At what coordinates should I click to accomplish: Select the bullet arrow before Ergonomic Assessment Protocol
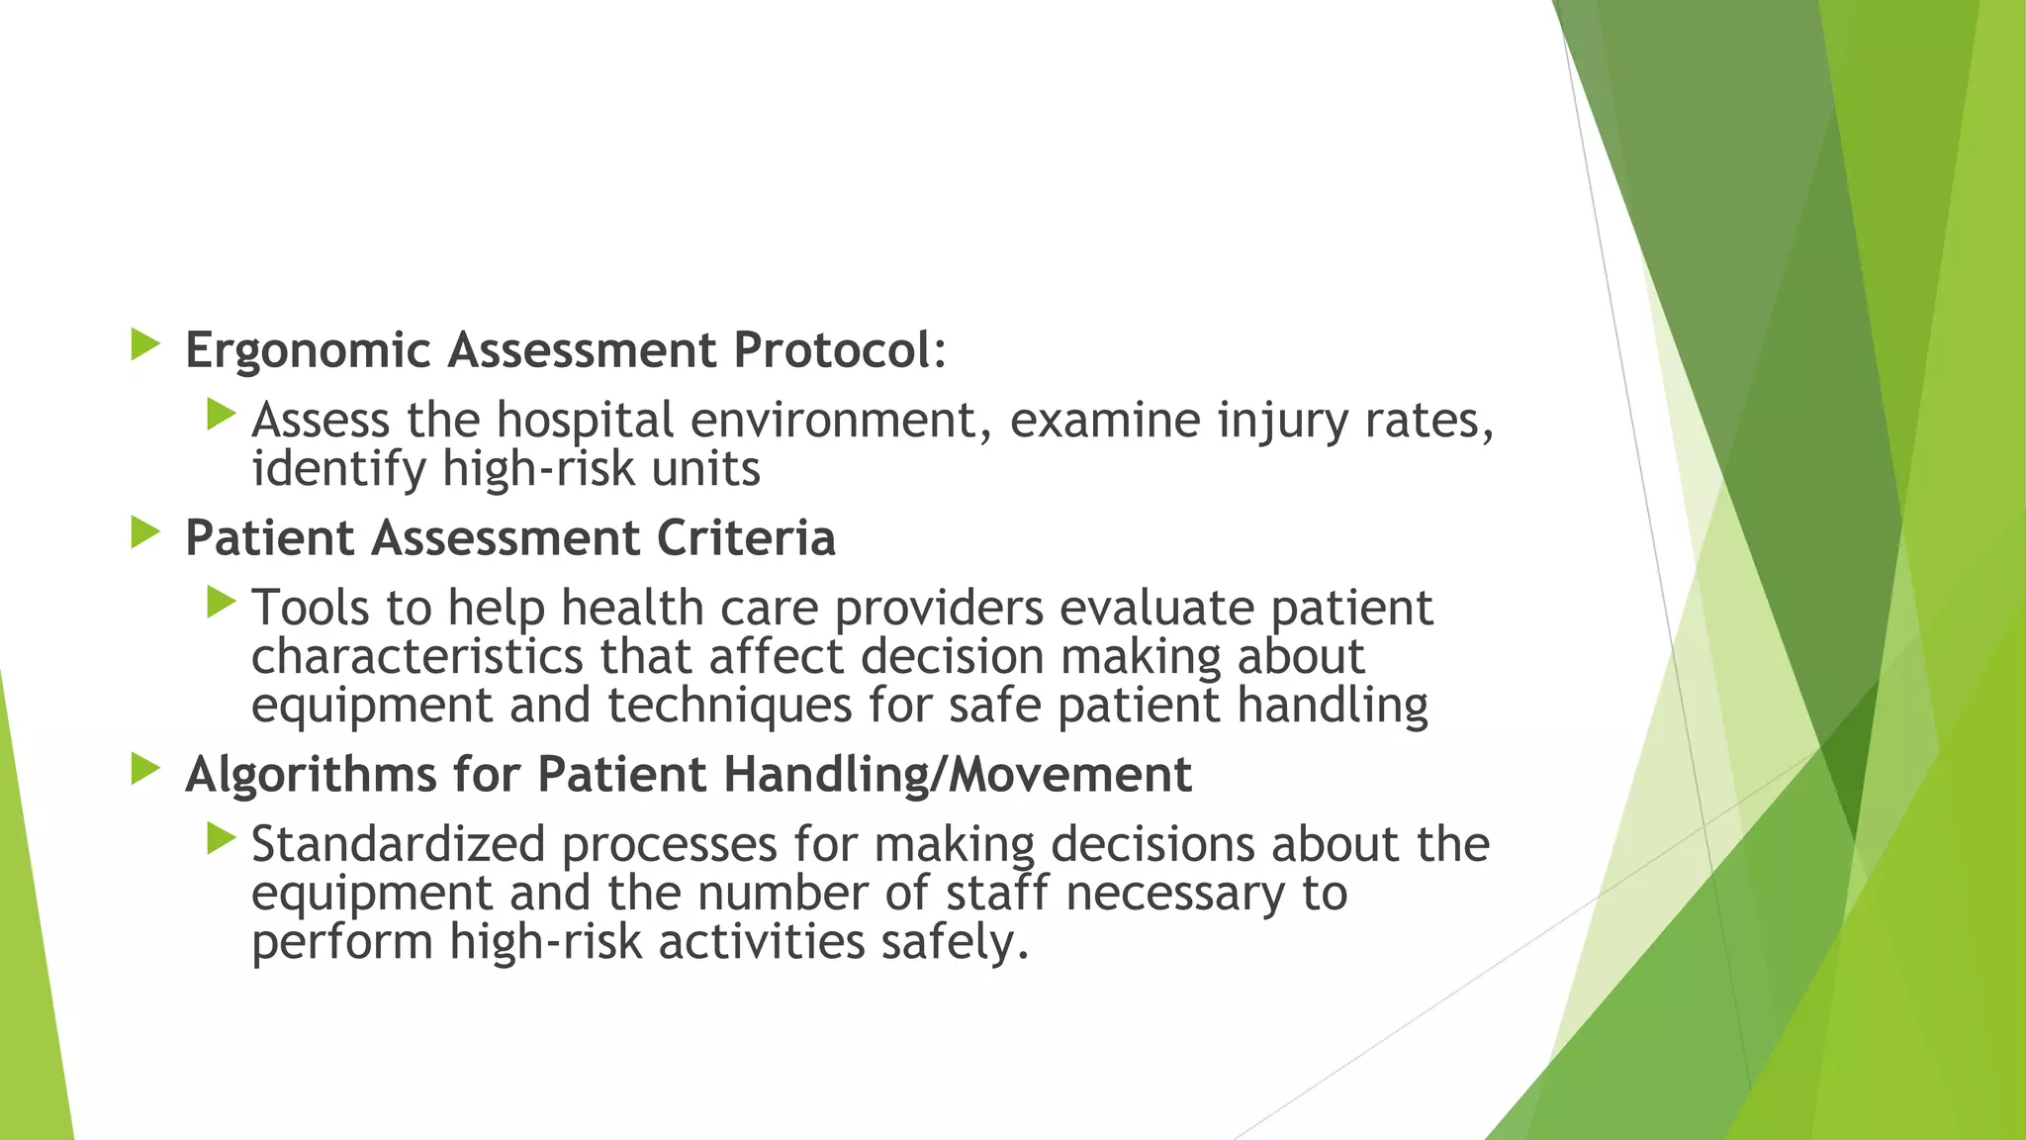point(145,345)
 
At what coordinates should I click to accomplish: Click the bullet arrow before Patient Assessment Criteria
point(145,533)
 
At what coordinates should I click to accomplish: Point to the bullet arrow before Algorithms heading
point(145,769)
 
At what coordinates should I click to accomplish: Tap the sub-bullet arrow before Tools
point(222,602)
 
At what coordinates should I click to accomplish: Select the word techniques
point(729,706)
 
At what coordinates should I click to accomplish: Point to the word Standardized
point(398,844)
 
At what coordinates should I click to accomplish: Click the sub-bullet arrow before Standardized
point(222,839)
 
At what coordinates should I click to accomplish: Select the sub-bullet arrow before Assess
point(222,415)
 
